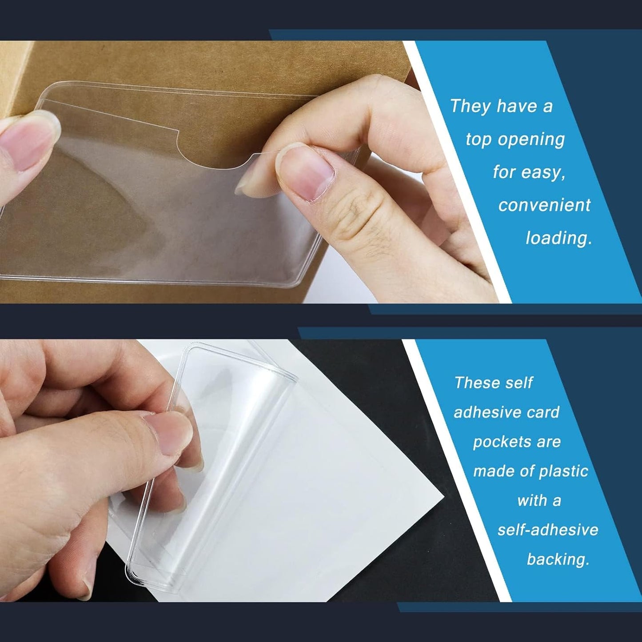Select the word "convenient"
tap(544, 205)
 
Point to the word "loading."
tap(558, 238)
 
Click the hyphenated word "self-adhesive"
tap(547, 530)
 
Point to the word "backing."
tap(558, 559)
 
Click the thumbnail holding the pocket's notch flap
tap(307, 171)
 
